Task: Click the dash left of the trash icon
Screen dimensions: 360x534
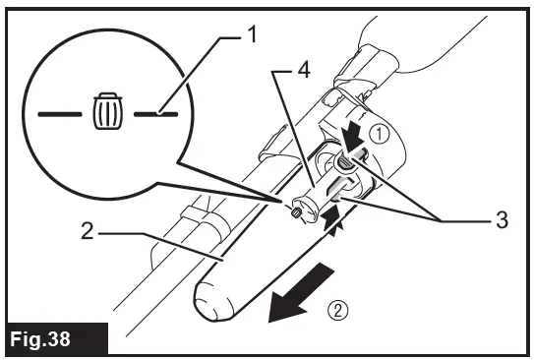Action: click(61, 115)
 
